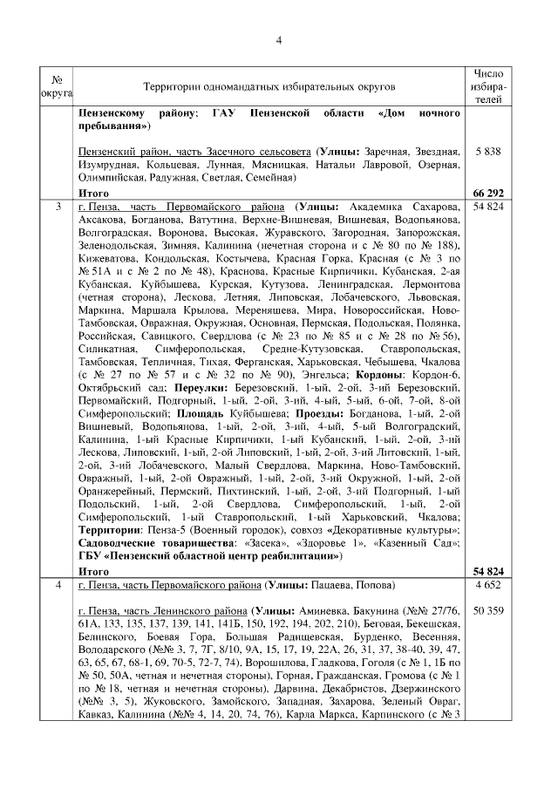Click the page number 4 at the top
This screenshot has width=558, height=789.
pyautogui.click(x=279, y=39)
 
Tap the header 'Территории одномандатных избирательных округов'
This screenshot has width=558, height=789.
pyautogui.click(x=269, y=87)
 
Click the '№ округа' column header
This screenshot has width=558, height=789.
pyautogui.click(x=58, y=87)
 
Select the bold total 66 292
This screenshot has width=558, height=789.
pyautogui.click(x=489, y=192)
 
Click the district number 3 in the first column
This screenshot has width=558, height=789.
pyautogui.click(x=58, y=207)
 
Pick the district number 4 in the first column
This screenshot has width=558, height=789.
pyautogui.click(x=58, y=583)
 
